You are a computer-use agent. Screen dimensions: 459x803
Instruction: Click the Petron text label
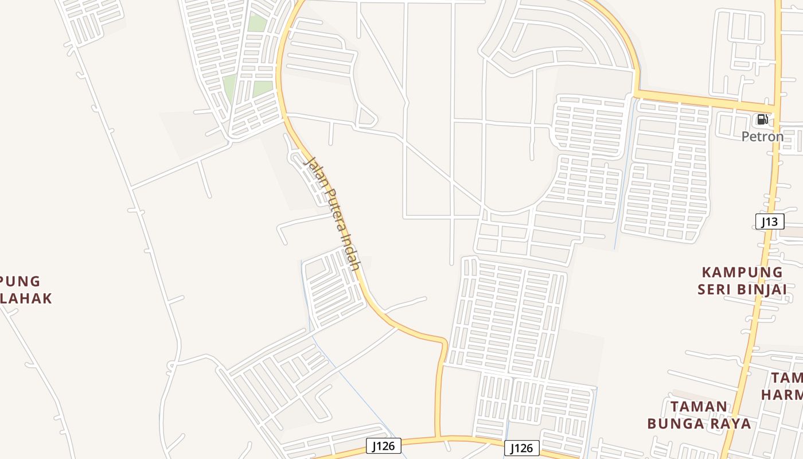click(762, 137)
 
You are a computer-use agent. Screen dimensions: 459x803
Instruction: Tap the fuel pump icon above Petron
click(762, 120)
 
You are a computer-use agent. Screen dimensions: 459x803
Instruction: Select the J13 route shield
click(769, 221)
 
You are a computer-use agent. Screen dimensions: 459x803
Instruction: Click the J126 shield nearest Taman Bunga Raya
click(522, 448)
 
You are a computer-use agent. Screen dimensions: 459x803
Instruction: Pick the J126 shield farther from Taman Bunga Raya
click(383, 445)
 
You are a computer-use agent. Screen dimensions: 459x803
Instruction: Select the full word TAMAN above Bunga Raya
click(699, 407)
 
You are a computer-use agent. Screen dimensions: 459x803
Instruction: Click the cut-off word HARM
click(782, 395)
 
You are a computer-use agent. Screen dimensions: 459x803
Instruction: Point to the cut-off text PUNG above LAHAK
click(21, 281)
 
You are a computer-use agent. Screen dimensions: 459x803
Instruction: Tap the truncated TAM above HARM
click(787, 378)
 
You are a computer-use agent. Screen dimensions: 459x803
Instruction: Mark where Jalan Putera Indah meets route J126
click(439, 438)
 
